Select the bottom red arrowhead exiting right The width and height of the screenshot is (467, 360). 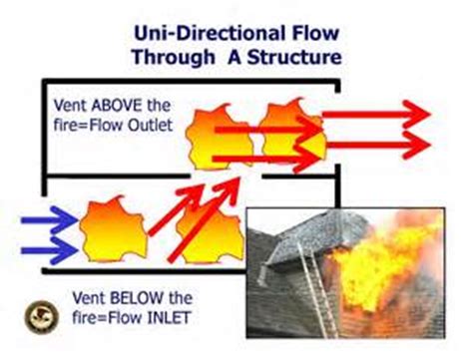(x=410, y=148)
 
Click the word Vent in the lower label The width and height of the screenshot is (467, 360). (x=89, y=296)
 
